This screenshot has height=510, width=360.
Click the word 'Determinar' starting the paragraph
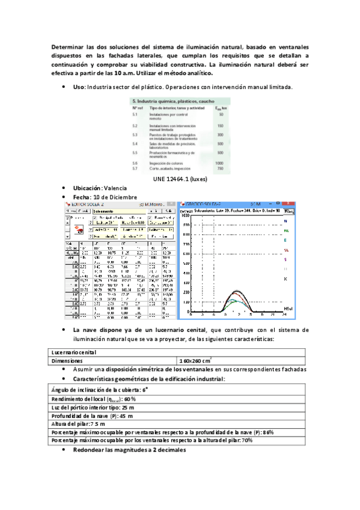(x=67, y=47)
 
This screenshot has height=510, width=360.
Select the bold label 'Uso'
(x=79, y=87)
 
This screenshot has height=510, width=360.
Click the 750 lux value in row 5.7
(x=219, y=169)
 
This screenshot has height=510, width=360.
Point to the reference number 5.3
(x=136, y=135)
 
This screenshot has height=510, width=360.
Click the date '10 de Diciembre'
(x=114, y=197)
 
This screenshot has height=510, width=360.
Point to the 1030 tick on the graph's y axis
(x=186, y=214)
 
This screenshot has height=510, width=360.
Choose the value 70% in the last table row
(x=245, y=440)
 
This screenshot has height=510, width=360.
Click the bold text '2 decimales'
(x=164, y=450)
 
